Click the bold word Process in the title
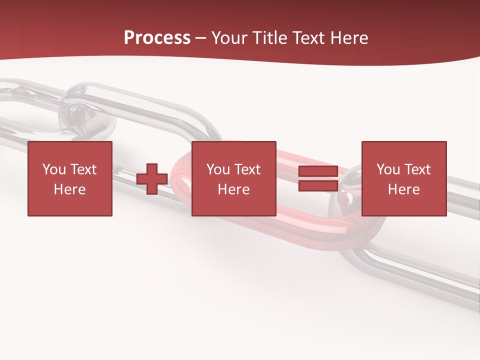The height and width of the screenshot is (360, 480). coord(157,38)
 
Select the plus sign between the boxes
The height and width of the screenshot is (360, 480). coord(152,179)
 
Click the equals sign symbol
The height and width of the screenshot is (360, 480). coord(318,179)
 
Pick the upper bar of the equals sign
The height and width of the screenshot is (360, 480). coord(318,172)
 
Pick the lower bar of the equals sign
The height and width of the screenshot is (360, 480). coord(318,186)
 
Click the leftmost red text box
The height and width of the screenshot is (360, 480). coord(70,178)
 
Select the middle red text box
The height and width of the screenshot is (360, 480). coord(234,178)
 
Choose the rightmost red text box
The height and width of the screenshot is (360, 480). coord(404,178)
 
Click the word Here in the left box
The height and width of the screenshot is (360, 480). coord(70,189)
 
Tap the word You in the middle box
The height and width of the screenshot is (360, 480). coord(217,169)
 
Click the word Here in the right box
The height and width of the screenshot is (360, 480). coord(404,189)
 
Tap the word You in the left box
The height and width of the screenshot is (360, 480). coord(53,169)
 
